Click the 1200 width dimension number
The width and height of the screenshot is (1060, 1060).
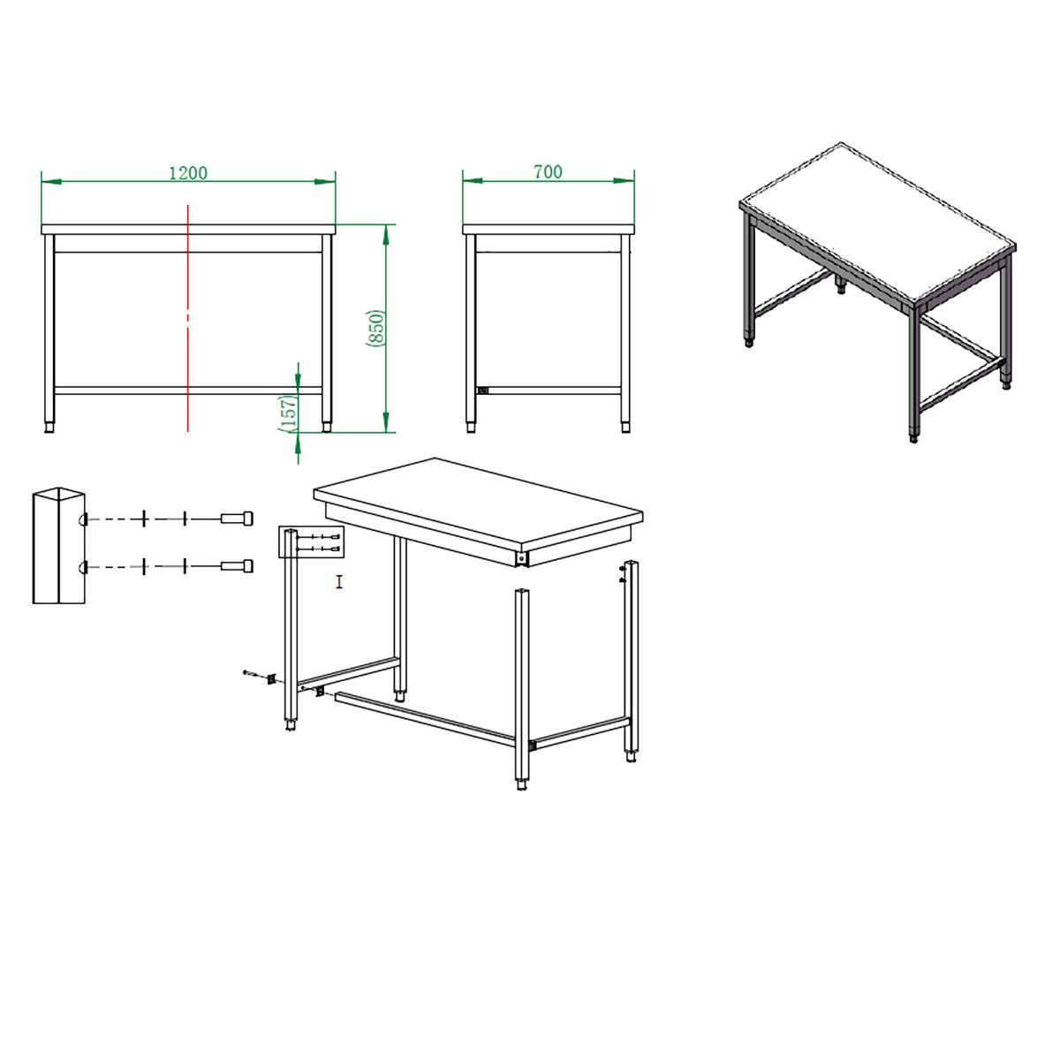coord(188,173)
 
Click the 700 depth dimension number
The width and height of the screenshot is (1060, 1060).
coord(548,172)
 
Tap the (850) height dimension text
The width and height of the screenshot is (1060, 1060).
coord(375,329)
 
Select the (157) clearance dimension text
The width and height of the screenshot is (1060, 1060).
coord(288,413)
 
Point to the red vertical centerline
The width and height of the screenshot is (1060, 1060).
coord(188,319)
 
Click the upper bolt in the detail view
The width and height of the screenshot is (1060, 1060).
coord(237,519)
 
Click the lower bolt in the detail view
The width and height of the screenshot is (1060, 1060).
coord(237,566)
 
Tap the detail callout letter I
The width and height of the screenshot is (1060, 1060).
coord(339,581)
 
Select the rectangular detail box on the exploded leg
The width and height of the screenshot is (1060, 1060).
coord(311,542)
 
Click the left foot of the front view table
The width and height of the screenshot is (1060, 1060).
coord(49,427)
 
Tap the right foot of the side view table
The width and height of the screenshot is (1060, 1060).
coord(625,427)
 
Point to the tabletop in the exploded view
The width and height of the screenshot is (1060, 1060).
coord(478,504)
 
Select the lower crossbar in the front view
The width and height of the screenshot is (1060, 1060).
coord(188,390)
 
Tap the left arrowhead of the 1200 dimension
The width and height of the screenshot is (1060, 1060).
coord(51,181)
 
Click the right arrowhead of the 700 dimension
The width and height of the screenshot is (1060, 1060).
coord(625,180)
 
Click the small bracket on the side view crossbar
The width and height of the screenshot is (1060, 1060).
coord(483,390)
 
